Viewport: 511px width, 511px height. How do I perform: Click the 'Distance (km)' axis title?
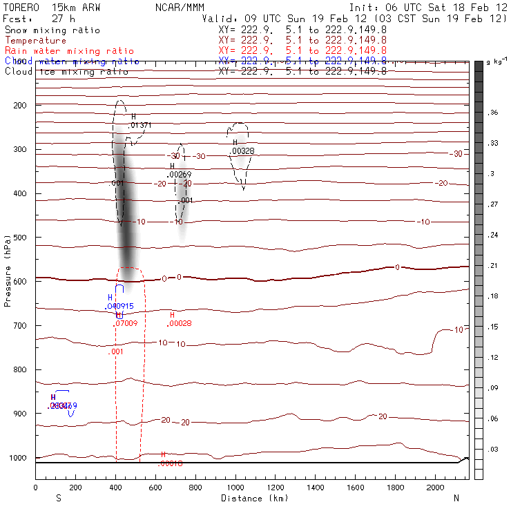point(252,498)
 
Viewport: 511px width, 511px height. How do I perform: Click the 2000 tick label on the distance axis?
point(435,488)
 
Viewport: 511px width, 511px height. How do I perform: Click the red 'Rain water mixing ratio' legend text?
point(66,51)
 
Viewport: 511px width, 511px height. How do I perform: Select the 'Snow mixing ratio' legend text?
point(52,30)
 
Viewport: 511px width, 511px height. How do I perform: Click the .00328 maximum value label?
point(244,151)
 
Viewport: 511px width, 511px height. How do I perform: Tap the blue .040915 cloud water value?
point(119,306)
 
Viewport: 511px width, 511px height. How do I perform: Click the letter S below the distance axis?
point(59,498)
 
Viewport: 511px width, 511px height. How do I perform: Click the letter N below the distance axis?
point(456,498)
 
